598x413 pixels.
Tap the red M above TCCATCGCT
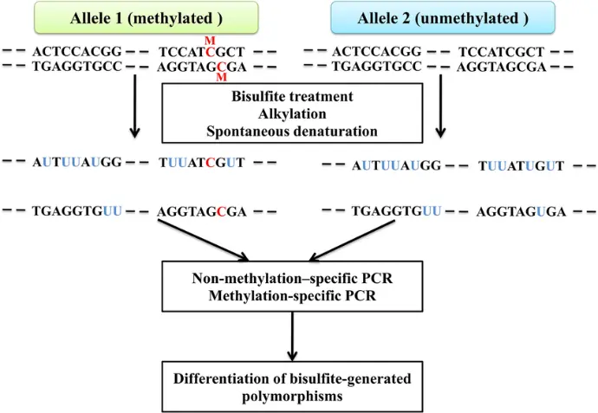209,41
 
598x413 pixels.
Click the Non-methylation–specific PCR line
294,278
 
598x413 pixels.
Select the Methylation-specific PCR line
294,295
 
